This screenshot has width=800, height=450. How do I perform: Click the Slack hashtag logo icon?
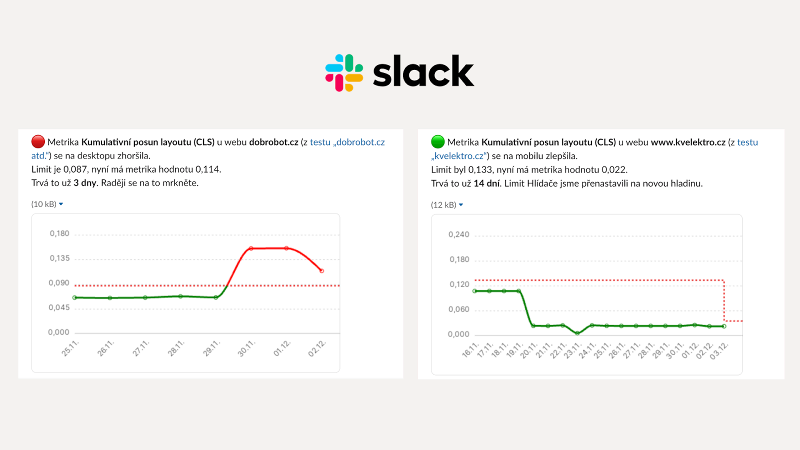coord(344,73)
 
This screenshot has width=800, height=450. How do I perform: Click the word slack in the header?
coord(423,72)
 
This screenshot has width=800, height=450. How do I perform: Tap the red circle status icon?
coord(38,142)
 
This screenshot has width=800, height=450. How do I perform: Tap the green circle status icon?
coord(437,142)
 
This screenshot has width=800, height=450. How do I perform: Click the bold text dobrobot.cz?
coord(273,142)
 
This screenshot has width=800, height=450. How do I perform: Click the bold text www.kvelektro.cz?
coord(688,142)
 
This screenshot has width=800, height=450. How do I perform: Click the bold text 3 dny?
coord(85,183)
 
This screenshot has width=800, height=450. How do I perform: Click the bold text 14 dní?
coord(486,183)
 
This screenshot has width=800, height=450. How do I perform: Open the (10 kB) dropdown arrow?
coord(61,204)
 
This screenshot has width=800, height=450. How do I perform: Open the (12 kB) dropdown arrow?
coord(461,205)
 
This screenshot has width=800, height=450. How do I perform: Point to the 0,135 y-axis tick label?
coord(59,258)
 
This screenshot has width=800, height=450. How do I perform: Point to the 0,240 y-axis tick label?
coord(459,234)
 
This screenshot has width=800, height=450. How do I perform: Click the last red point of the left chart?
coord(321,271)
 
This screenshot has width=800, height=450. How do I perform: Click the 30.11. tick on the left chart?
coord(246,348)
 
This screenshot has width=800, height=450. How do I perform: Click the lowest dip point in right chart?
coord(577,333)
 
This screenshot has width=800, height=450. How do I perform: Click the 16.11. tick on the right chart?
coord(470,350)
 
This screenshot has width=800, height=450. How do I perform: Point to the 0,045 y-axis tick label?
coord(59,307)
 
